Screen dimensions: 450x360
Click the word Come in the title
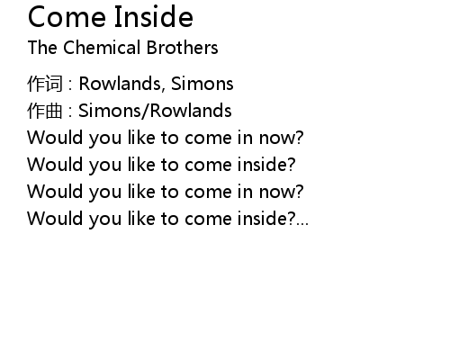(x=67, y=17)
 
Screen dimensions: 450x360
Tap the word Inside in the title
(x=154, y=16)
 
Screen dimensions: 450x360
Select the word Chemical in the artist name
(x=102, y=47)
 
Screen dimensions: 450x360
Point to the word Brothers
(x=182, y=47)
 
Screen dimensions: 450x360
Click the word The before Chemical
(x=42, y=47)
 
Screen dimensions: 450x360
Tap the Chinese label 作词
(x=45, y=84)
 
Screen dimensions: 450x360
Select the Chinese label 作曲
(x=45, y=111)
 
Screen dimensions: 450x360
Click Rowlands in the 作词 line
(x=121, y=83)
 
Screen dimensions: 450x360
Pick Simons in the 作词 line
(x=202, y=83)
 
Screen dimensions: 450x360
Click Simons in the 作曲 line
(x=110, y=110)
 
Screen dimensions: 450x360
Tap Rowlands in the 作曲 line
(x=191, y=110)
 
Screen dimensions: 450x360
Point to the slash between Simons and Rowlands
(x=145, y=111)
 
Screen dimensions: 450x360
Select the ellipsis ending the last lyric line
(x=302, y=223)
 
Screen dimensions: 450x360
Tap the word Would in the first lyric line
(x=55, y=137)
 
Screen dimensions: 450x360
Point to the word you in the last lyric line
(x=105, y=220)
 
